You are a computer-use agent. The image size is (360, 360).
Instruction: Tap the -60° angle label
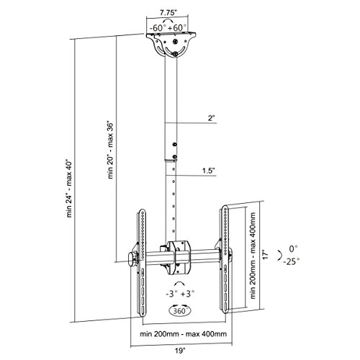point(157,28)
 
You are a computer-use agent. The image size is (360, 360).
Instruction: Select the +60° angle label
point(177,28)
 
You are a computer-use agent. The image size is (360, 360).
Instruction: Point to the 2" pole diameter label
point(211,118)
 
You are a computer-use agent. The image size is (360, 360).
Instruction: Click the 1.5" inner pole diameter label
point(208,171)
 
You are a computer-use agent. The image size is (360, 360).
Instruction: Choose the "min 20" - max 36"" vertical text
point(110,150)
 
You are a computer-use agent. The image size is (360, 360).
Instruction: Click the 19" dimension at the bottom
point(181,351)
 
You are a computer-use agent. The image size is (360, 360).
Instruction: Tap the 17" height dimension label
point(265,256)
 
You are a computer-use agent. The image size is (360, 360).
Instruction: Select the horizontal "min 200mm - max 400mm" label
point(184,334)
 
